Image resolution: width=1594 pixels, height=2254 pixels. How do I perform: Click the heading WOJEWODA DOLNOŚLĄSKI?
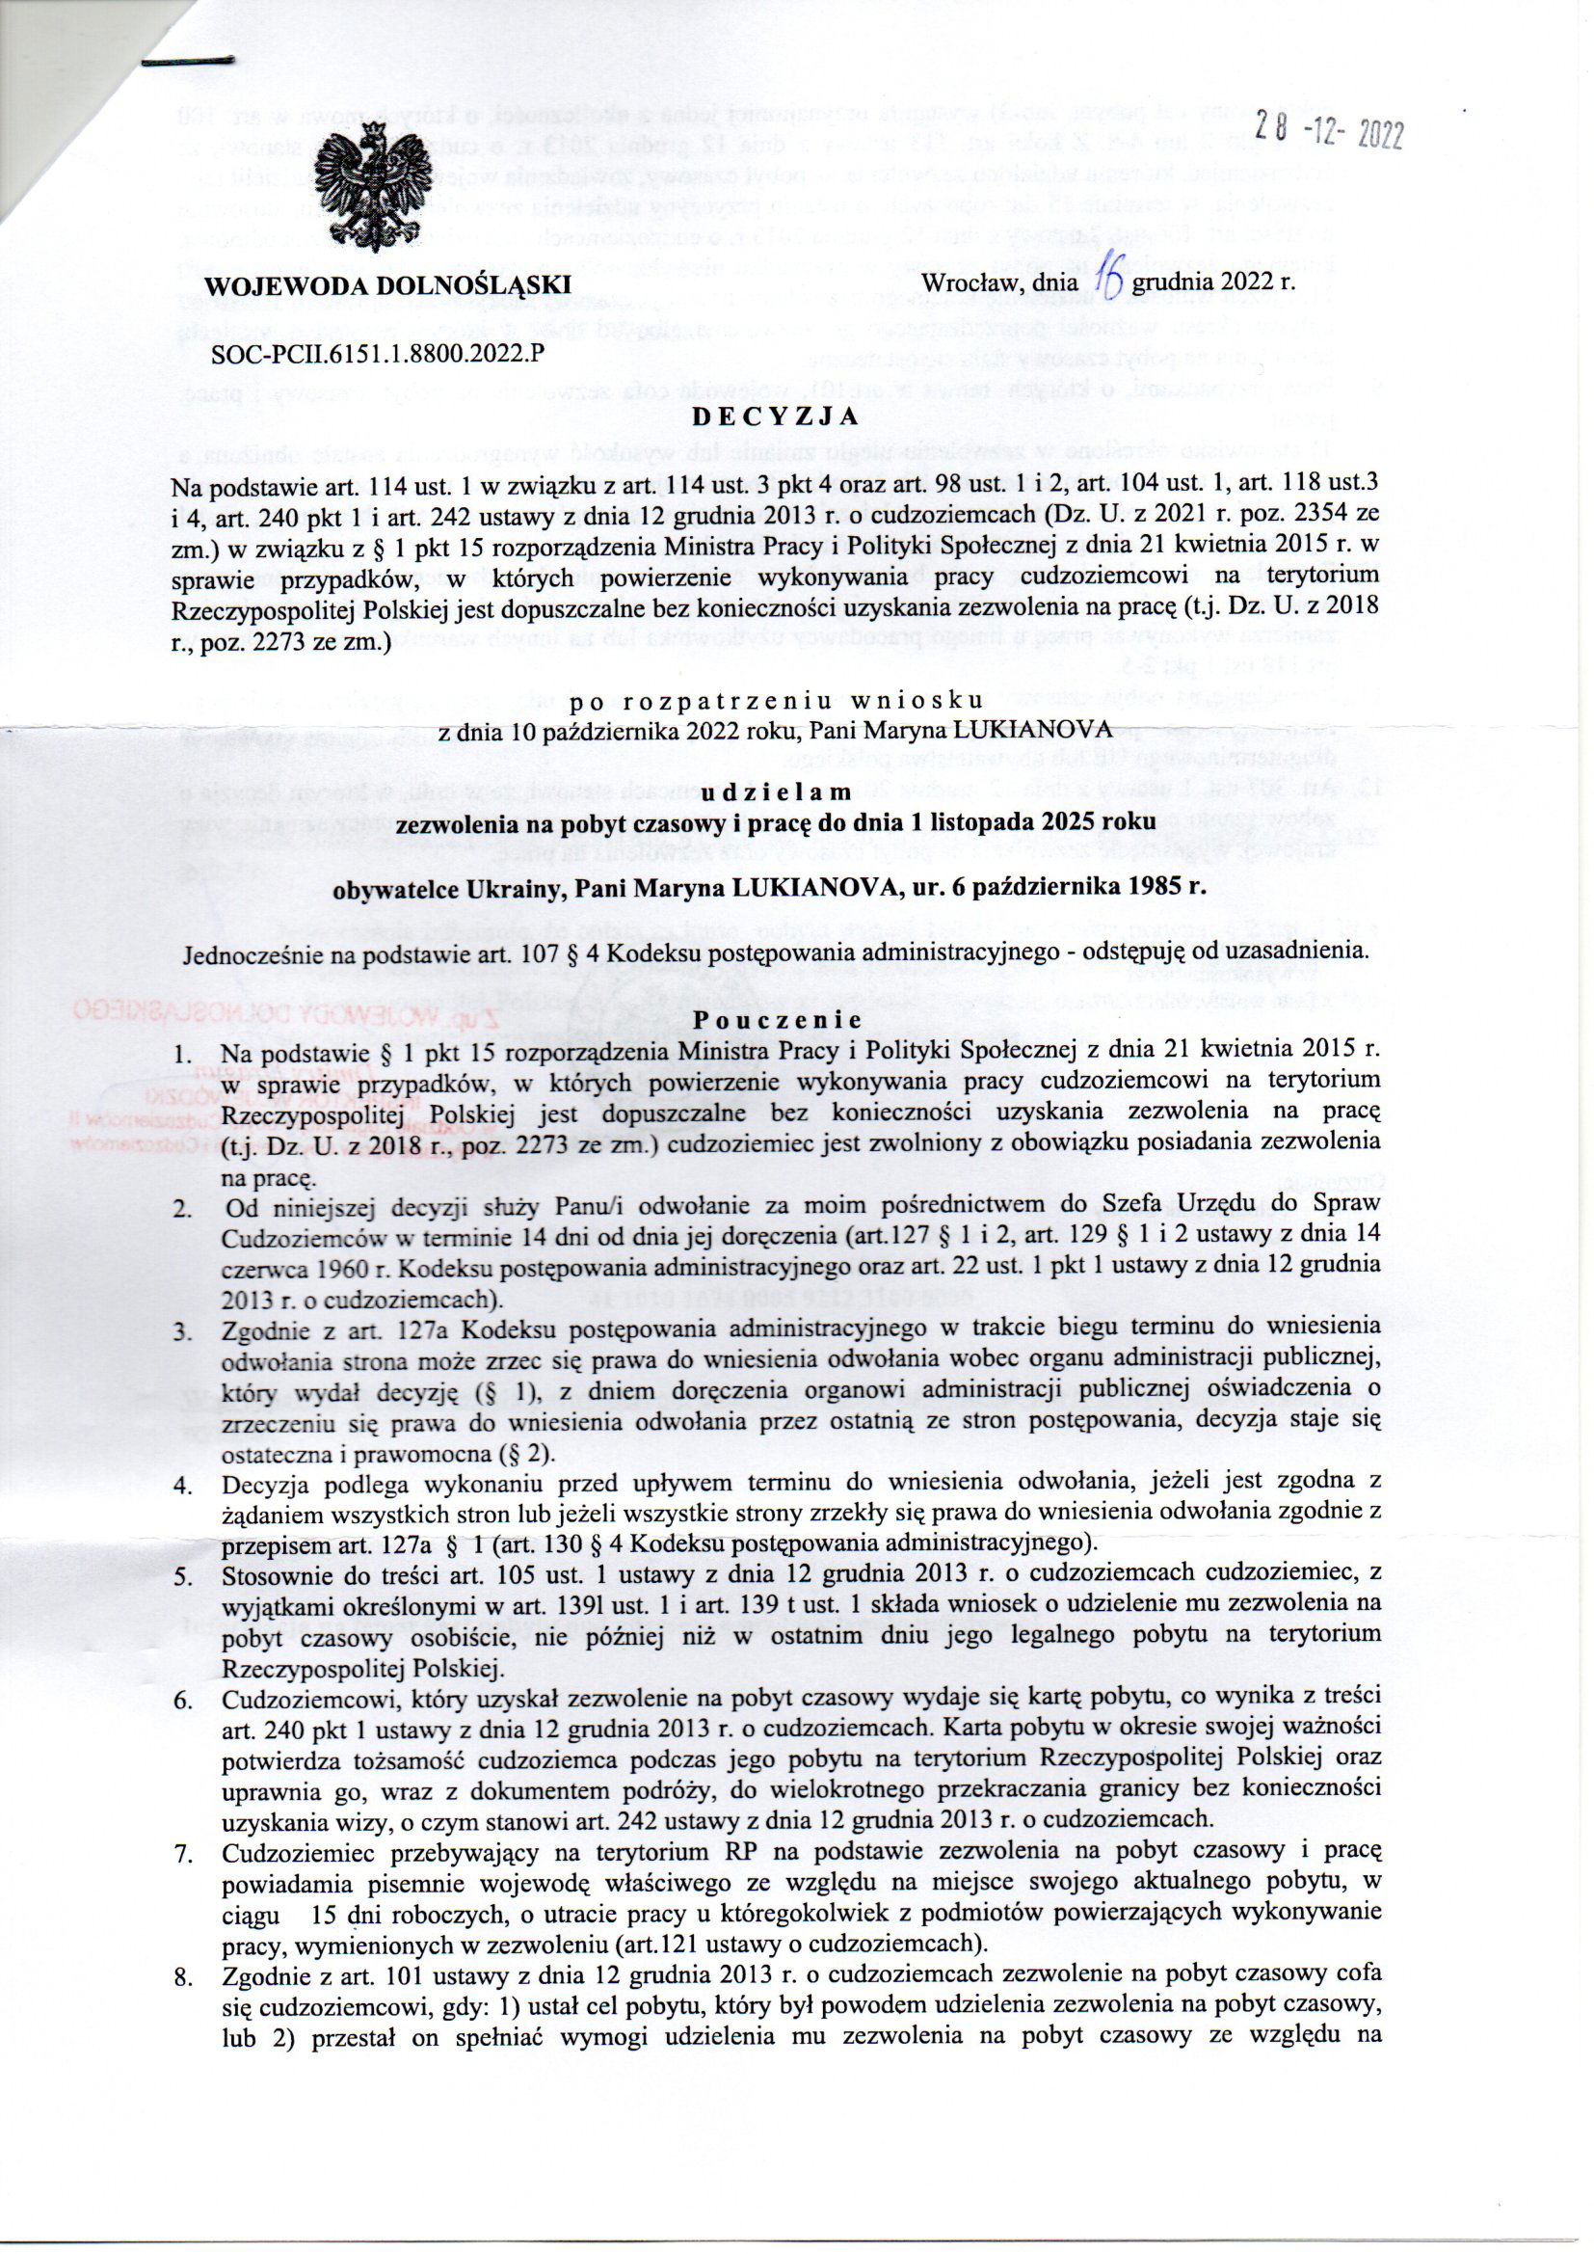387,284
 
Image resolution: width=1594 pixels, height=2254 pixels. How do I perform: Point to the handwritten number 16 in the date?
1106,282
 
